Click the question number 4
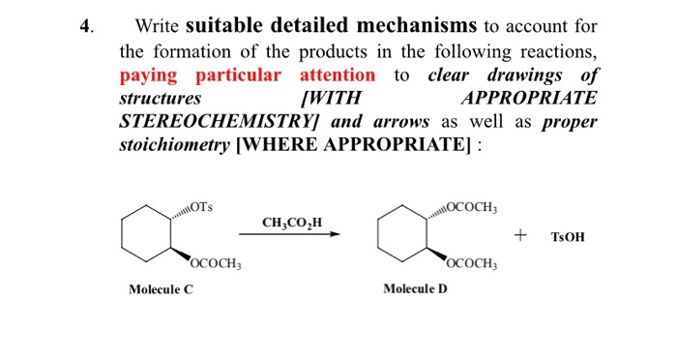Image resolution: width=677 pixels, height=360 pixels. (85, 26)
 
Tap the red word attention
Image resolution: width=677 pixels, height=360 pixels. (338, 75)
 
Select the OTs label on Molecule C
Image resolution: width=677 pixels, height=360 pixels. (203, 206)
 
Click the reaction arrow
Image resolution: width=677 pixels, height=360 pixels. (290, 234)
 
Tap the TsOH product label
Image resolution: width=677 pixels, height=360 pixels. (568, 235)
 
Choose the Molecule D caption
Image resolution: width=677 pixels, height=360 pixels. (415, 288)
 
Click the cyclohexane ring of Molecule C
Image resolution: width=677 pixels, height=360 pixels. (146, 233)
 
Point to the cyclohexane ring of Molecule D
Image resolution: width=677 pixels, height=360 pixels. (401, 233)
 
